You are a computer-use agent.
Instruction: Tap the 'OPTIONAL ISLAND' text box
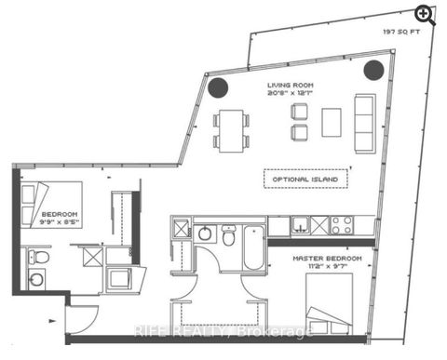pyautogui.click(x=305, y=179)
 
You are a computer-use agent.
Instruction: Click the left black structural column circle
pyautogui.click(x=217, y=87)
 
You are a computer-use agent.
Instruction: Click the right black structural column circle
pyautogui.click(x=373, y=69)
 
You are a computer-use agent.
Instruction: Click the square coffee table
pyautogui.click(x=332, y=122)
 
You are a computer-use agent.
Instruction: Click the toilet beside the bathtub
pyautogui.click(x=227, y=239)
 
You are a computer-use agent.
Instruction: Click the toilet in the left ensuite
pyautogui.click(x=35, y=256)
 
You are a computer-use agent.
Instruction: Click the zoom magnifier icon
pyautogui.click(x=426, y=14)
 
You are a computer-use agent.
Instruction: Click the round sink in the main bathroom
pyautogui.click(x=203, y=232)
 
